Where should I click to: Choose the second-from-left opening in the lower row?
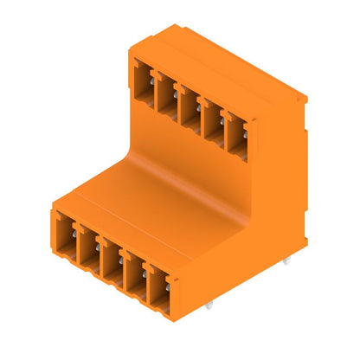(x=90, y=246)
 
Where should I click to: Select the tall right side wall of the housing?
(x=281, y=190)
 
